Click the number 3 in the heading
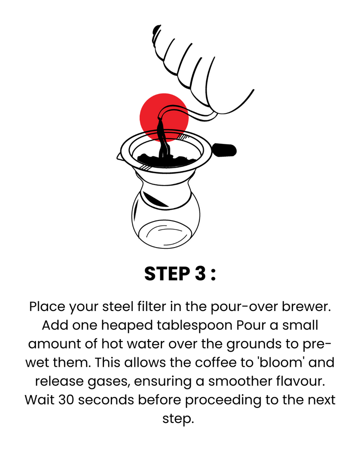point(200,274)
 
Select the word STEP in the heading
point(167,274)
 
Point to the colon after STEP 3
point(213,274)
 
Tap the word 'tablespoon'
point(194,326)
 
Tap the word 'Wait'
point(40,400)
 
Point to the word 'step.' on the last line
point(179,419)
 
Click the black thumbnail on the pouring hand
point(156,29)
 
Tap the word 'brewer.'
point(306,306)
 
